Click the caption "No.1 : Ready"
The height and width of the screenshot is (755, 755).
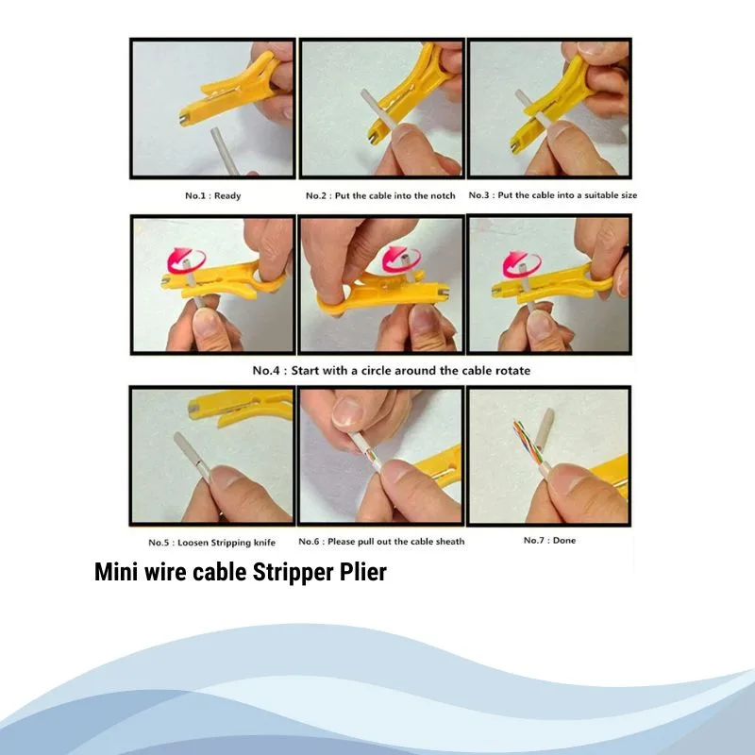[213, 195]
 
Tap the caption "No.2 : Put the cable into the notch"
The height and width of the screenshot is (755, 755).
[380, 195]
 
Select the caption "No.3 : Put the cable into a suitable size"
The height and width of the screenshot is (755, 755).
[553, 195]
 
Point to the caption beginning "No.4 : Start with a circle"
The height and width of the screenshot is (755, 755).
[392, 370]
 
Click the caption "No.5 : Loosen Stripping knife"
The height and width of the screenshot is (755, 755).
[211, 542]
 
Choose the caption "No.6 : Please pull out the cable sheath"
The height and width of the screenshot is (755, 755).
[381, 541]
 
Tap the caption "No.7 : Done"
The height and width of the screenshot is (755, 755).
[549, 540]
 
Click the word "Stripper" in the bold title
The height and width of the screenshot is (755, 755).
[293, 573]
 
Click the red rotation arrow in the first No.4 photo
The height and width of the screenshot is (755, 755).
[186, 261]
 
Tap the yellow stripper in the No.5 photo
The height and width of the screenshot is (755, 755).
[241, 407]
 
